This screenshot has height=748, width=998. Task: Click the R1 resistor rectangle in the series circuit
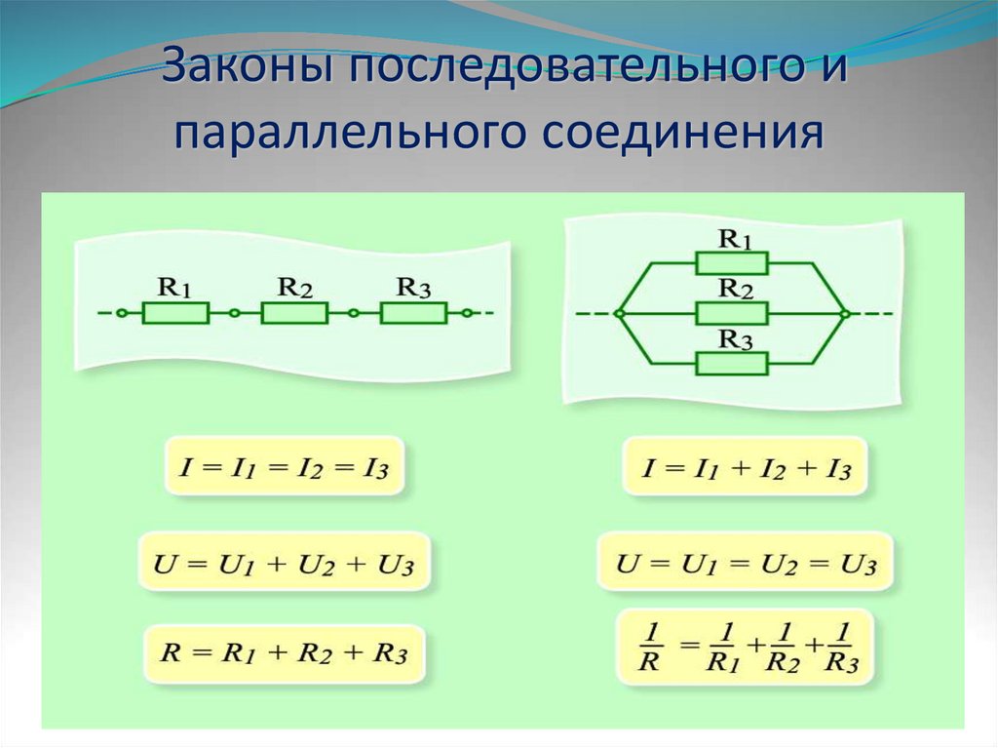[x=175, y=313]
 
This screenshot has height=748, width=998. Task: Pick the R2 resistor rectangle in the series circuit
[x=294, y=313]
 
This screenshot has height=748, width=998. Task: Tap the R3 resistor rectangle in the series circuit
[x=413, y=313]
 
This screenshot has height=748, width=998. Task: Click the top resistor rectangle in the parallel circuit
[x=732, y=262]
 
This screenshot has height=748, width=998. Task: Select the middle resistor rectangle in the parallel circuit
[x=732, y=313]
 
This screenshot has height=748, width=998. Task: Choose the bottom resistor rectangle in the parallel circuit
[x=732, y=364]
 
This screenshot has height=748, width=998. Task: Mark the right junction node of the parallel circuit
[x=844, y=313]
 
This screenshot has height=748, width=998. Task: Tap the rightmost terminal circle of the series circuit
[x=468, y=313]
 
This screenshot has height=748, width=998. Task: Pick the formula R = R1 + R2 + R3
[x=286, y=653]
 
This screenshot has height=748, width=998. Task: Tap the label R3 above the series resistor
[x=412, y=288]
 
